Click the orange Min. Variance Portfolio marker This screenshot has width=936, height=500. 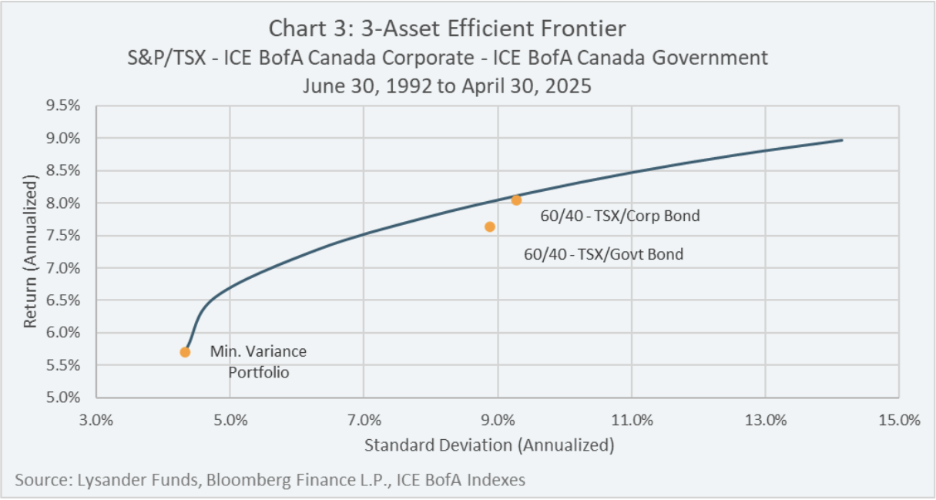pos(185,352)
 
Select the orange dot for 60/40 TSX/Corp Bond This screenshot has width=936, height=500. pos(516,200)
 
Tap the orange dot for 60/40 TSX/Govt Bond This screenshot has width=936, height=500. pos(490,227)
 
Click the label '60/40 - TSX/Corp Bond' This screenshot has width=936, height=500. pos(620,216)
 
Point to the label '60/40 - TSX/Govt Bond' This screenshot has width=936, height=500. pos(604,254)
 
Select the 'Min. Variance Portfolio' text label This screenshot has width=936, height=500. pos(258,362)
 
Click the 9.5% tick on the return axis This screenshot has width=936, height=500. pos(62,106)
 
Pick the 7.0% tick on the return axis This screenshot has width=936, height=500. pos(62,268)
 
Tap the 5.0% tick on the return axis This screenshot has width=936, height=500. pos(62,398)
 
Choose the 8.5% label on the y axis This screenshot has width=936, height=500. pos(62,170)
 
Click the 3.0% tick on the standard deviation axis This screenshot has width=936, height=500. pos(96,420)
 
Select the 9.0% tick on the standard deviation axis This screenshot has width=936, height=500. pos(498,420)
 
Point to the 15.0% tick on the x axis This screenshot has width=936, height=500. pos(899,420)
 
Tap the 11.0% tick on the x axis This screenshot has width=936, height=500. pos(632,420)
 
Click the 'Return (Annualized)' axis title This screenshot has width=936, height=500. pos(30,251)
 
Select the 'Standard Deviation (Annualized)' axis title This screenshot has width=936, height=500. pos(489,445)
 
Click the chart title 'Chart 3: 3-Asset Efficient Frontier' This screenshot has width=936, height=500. pos(447,29)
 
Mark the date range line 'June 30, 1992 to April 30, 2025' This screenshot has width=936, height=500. pos(447,86)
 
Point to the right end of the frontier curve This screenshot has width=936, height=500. pos(842,140)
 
